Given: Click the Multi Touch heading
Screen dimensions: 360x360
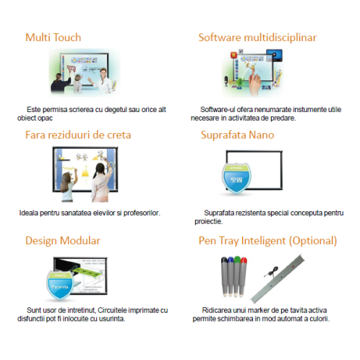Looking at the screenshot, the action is click(53, 38).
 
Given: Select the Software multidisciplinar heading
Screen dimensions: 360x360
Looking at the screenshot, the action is click(257, 38).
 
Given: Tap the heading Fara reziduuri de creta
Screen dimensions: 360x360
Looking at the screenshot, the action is click(78, 135).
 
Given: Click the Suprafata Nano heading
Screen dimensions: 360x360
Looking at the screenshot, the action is click(237, 135).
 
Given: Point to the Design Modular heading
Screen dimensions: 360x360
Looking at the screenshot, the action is click(63, 241).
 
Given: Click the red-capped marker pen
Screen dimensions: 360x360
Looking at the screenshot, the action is click(242, 277).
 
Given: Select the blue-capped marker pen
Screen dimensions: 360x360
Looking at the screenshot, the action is click(231, 276).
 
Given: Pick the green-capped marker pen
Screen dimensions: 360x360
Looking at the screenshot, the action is click(236, 276).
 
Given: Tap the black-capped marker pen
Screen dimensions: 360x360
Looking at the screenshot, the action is click(225, 276).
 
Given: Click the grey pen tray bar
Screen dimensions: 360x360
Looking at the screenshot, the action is click(277, 279).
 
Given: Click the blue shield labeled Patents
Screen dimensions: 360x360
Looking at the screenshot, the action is click(60, 286).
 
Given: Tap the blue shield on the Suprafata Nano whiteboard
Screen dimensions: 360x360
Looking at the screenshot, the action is click(236, 179).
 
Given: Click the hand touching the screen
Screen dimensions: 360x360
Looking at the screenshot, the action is click(254, 82).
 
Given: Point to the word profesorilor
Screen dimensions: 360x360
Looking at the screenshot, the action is click(142, 213).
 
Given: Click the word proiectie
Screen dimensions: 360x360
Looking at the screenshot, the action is click(209, 221).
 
